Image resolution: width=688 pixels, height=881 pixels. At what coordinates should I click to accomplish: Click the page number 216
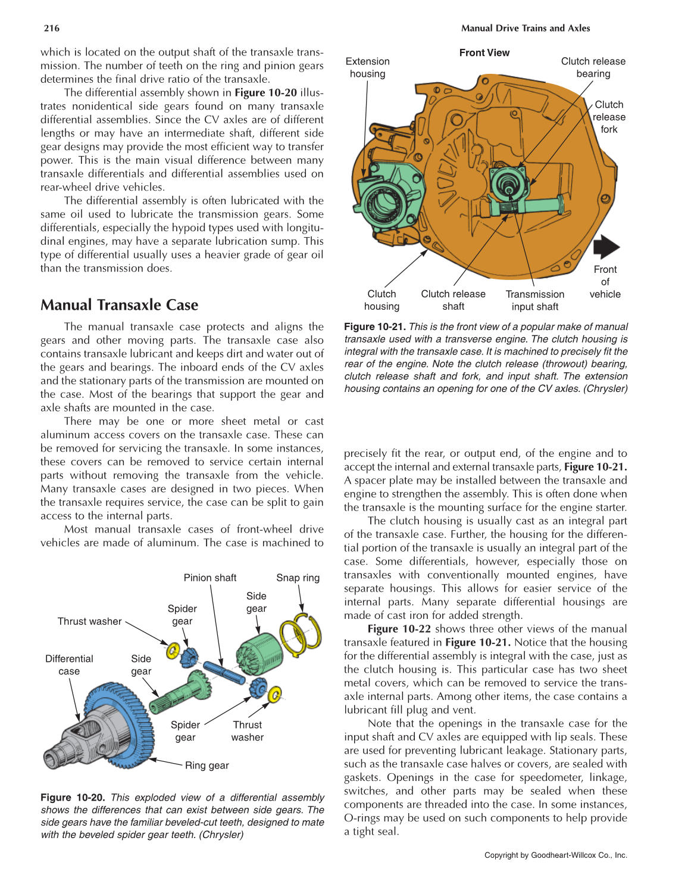click(52, 28)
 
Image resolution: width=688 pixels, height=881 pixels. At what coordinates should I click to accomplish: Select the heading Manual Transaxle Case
click(119, 305)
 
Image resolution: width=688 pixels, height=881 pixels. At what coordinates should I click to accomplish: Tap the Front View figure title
click(484, 52)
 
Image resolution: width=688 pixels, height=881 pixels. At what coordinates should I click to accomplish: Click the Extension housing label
click(367, 67)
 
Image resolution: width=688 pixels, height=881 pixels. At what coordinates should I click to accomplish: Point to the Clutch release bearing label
click(593, 67)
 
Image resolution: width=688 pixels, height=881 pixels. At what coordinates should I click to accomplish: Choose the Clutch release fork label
click(609, 117)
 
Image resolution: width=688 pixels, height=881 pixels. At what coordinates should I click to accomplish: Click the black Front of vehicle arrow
click(606, 247)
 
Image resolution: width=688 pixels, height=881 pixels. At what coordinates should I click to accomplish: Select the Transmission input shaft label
click(534, 300)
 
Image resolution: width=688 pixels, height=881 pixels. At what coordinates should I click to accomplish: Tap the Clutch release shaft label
click(453, 300)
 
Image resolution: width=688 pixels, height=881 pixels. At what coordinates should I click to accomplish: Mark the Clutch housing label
click(381, 300)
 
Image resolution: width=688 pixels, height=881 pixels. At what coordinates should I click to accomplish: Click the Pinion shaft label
click(209, 578)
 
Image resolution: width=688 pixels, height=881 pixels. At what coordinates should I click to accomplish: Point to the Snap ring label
click(298, 578)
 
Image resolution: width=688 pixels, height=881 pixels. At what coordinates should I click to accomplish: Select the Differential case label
click(69, 665)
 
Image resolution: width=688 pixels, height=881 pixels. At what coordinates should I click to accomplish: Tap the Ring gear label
click(207, 765)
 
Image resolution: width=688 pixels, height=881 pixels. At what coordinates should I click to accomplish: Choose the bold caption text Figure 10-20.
click(73, 798)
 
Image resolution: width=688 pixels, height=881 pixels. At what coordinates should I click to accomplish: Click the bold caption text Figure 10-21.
click(375, 326)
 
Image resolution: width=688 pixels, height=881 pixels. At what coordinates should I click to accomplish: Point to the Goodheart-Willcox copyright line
click(555, 855)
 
